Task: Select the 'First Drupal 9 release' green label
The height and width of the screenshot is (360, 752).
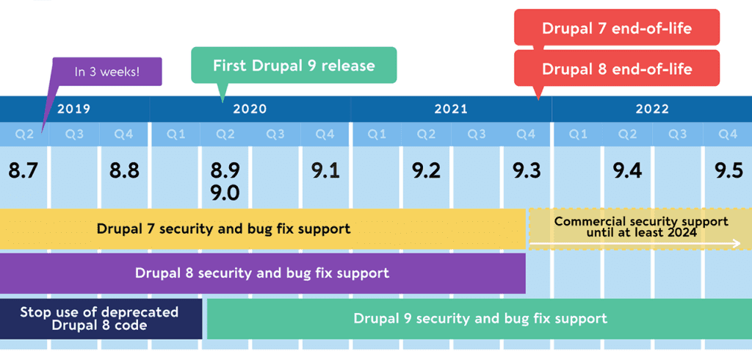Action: point(294,65)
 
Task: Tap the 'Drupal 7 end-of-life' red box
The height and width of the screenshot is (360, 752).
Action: point(616,29)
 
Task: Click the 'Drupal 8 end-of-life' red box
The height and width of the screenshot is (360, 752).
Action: point(616,69)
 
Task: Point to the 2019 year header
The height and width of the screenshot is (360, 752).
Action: point(73,109)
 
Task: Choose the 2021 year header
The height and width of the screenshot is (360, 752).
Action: point(451,109)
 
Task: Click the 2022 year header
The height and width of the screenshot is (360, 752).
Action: point(652,109)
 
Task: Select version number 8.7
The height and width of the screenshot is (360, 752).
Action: point(23,170)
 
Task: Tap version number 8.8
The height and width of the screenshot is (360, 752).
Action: point(124,170)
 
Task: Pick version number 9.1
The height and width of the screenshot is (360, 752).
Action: point(325,170)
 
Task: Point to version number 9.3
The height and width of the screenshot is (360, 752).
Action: point(527,170)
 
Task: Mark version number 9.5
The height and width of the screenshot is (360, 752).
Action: point(728,170)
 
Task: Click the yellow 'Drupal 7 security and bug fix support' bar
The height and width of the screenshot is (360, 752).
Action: point(223,228)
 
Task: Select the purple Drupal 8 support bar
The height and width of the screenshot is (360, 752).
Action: point(261,273)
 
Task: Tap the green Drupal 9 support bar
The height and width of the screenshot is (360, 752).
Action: point(480,318)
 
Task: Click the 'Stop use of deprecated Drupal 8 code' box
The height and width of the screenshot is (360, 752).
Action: point(99,318)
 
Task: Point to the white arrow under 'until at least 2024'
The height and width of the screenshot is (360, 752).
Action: point(635,243)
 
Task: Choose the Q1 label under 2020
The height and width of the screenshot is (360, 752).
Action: point(175,134)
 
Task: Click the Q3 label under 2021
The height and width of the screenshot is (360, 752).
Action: point(477,134)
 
